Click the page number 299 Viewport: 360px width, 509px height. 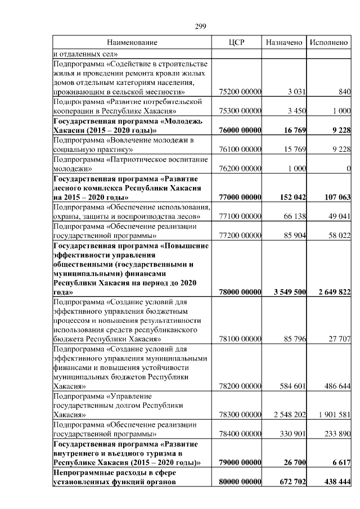click(201, 26)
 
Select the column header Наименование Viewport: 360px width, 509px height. click(132, 42)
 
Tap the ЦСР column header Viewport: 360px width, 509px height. click(236, 42)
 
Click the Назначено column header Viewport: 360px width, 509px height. click(284, 42)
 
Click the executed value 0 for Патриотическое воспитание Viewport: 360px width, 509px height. click(348, 169)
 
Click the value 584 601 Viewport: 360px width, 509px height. click(292, 387)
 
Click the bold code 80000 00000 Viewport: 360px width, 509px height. click(239, 482)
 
